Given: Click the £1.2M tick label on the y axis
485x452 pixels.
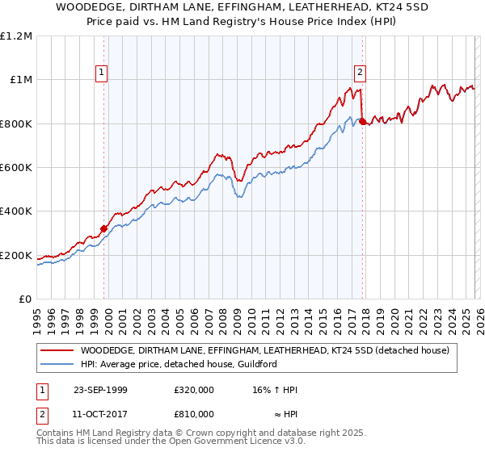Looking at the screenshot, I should [x=17, y=36].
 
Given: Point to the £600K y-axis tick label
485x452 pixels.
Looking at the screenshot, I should [x=17, y=168].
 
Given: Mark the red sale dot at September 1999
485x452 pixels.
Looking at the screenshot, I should [x=104, y=229].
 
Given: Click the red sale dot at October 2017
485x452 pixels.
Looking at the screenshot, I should [x=362, y=121].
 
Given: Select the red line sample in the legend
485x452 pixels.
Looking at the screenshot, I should [x=57, y=351].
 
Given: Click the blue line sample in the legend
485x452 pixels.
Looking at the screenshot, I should [x=57, y=365].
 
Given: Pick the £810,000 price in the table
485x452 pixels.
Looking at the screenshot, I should [x=194, y=414].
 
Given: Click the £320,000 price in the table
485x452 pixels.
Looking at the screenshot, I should [x=194, y=390].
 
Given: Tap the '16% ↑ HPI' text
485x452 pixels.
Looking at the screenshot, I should [x=275, y=390].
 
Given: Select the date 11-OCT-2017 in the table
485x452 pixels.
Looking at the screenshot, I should [x=99, y=414].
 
